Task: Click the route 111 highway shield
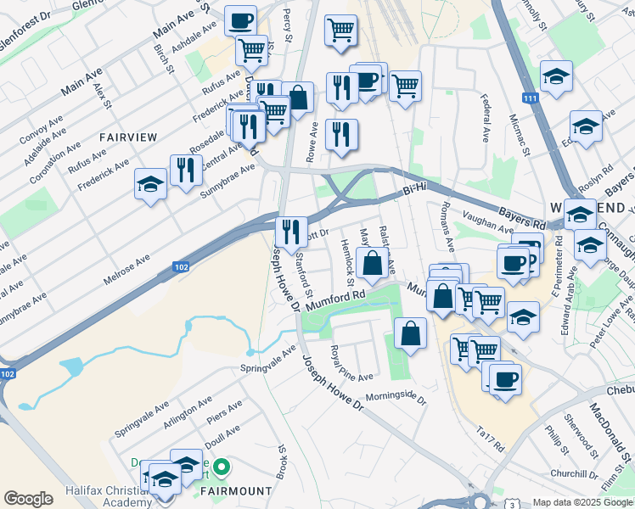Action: point(531,99)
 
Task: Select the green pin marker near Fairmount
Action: point(222,466)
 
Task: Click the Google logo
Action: point(28,499)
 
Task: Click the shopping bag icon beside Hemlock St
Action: point(372,263)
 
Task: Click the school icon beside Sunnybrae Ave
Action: point(150,184)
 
